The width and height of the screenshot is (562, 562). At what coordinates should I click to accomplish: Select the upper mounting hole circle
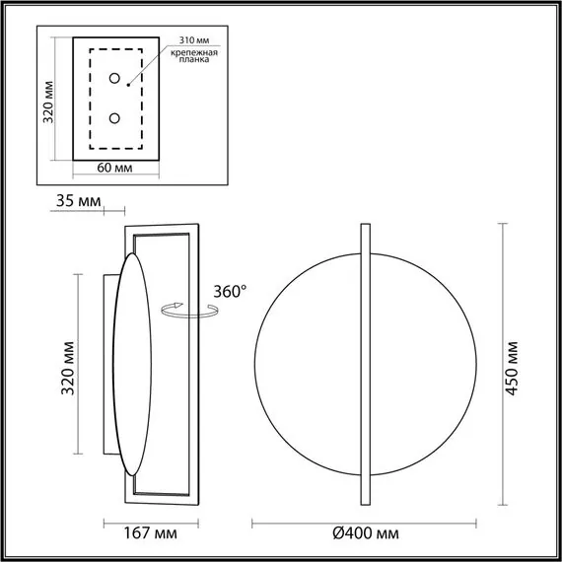115,79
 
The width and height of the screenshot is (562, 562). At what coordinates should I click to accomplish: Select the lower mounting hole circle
115,118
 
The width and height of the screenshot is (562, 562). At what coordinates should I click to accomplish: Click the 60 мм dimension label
116,169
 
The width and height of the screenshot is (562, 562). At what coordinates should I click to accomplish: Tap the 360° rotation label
230,292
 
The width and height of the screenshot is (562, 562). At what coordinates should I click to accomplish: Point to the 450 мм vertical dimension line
504,296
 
